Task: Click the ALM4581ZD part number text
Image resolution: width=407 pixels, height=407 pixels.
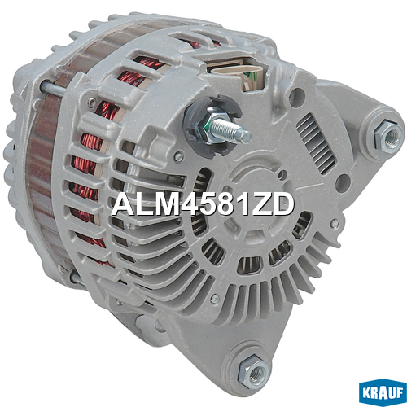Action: click(x=203, y=205)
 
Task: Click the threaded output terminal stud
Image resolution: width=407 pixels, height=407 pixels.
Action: click(x=230, y=130)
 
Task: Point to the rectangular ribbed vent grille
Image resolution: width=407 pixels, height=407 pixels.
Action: click(x=317, y=143)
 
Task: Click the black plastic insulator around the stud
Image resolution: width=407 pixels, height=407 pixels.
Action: click(x=212, y=125)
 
